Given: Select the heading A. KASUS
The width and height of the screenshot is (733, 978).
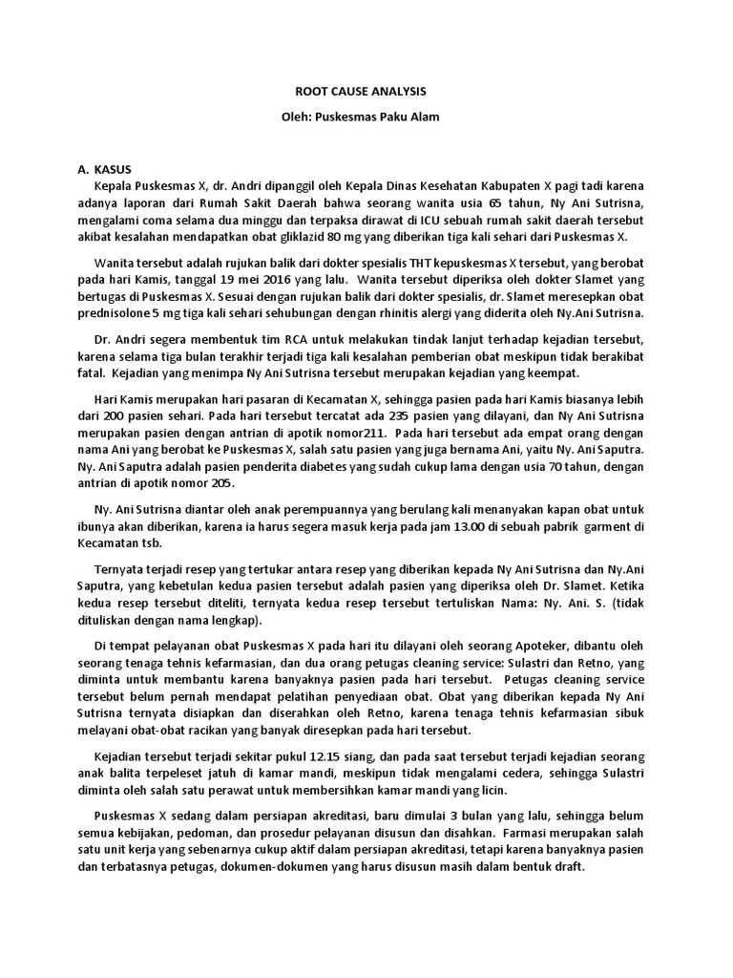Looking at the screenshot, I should [x=105, y=168].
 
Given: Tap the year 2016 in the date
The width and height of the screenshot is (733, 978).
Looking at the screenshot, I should [x=297, y=280].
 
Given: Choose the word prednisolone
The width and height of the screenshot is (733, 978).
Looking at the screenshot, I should [x=120, y=314].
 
